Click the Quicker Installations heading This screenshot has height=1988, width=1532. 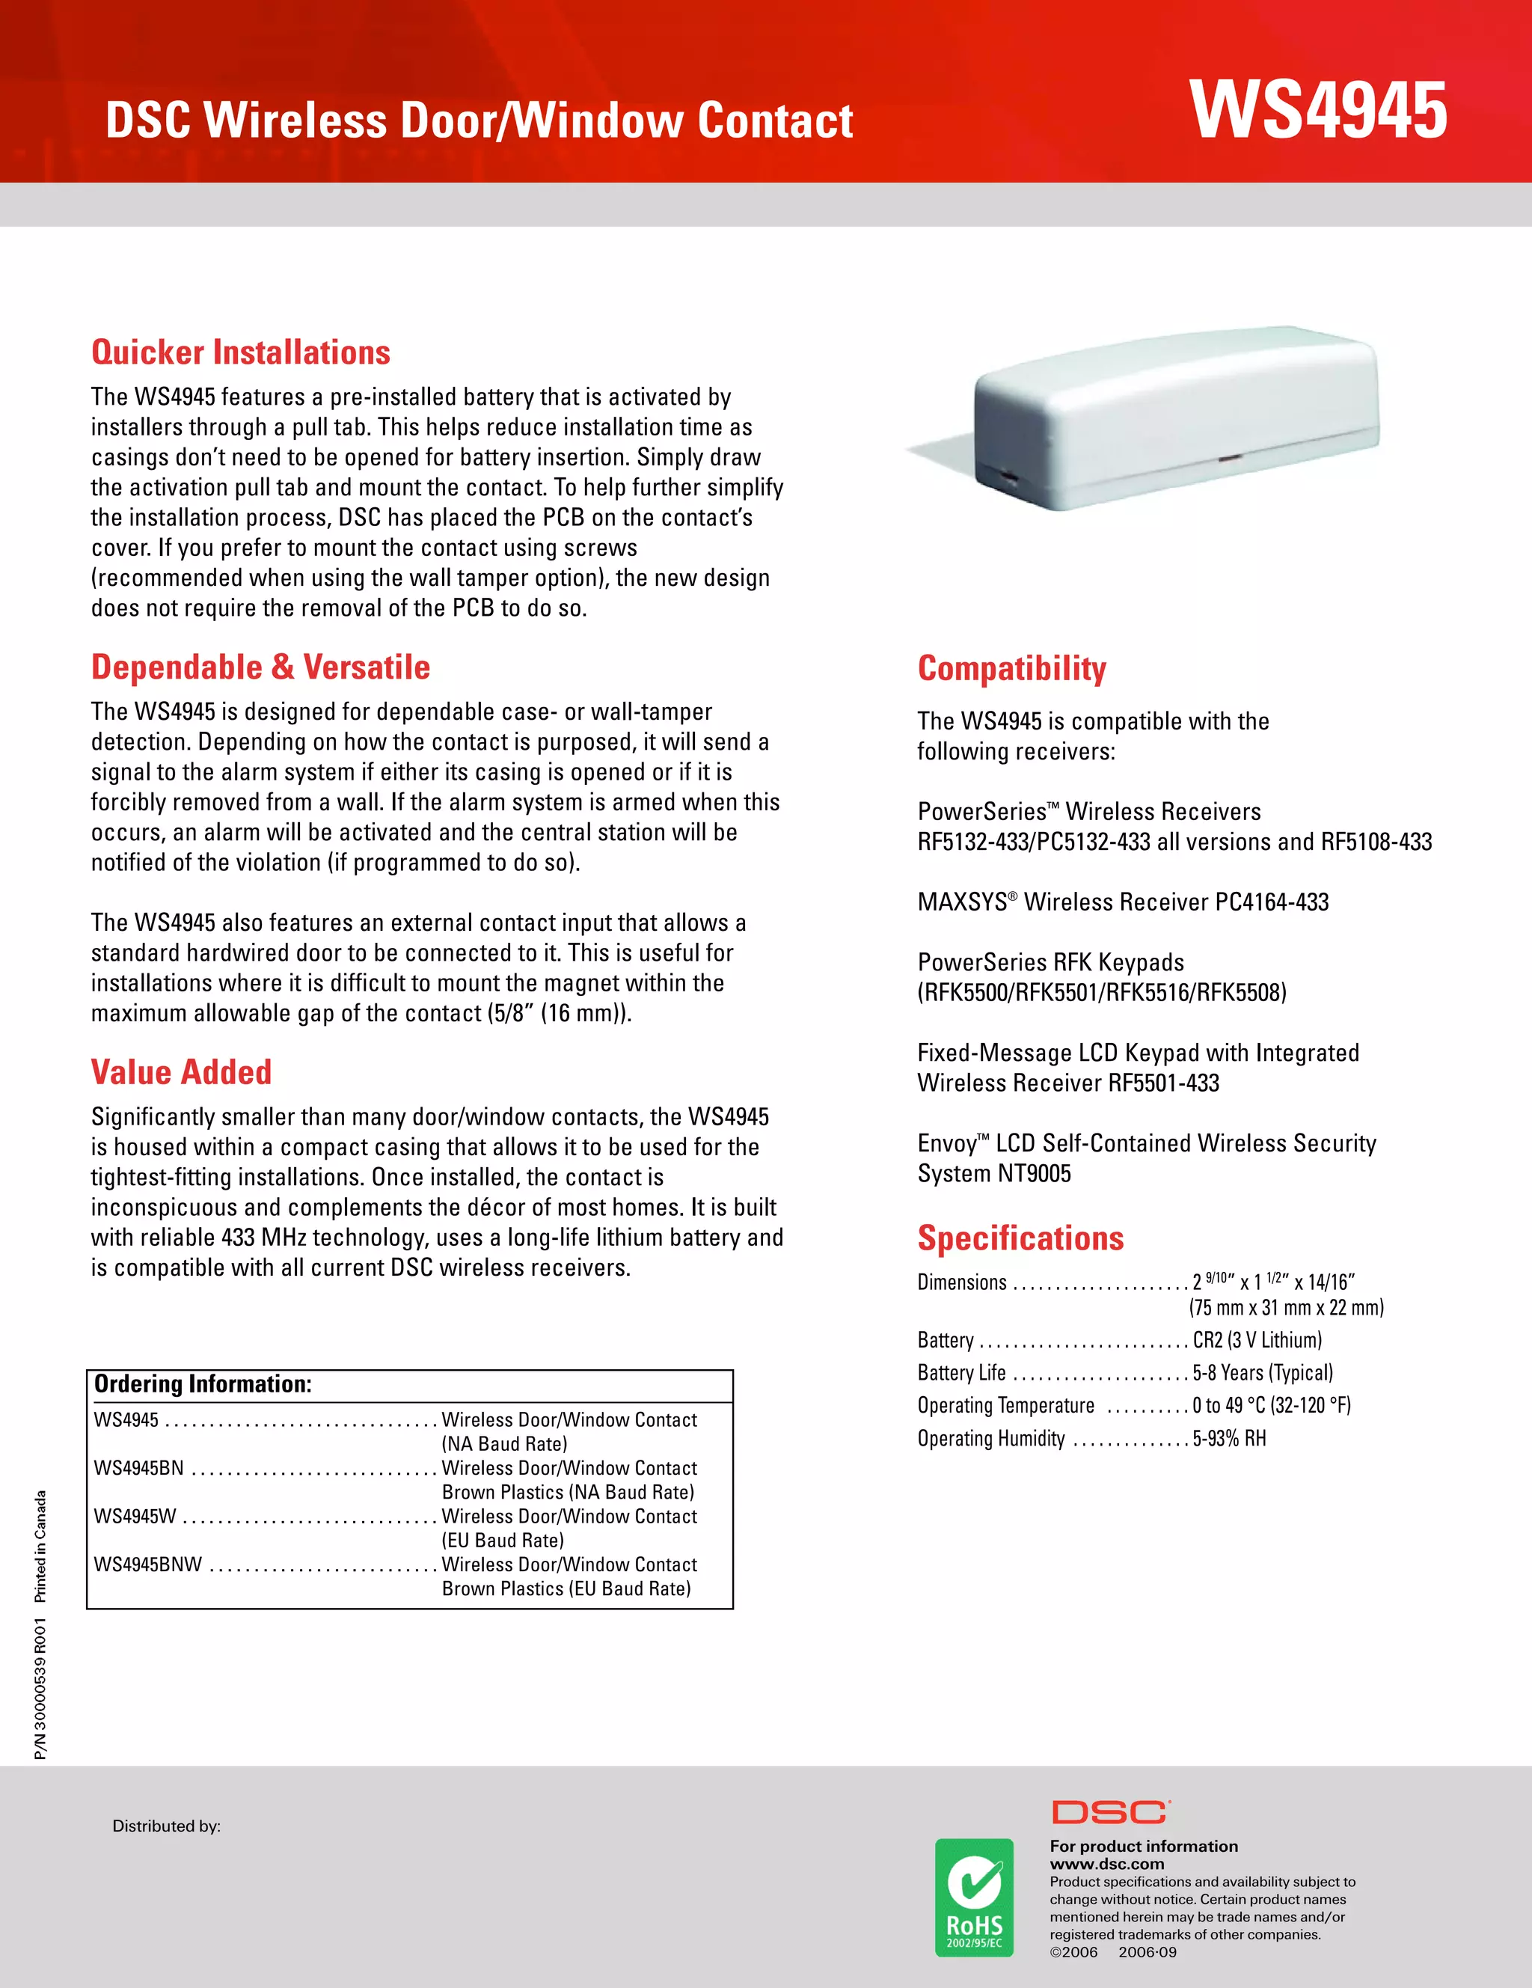[241, 352]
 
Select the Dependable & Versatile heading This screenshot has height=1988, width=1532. [260, 667]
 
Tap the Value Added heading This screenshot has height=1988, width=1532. [181, 1072]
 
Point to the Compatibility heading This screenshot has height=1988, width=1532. [1011, 669]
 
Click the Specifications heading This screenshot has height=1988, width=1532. [1020, 1239]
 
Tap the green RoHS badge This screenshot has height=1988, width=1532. [974, 1898]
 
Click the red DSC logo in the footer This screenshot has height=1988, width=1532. [1109, 1812]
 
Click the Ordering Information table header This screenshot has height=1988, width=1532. [203, 1384]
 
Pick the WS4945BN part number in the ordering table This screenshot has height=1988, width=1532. [138, 1468]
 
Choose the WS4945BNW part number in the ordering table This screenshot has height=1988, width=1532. [147, 1565]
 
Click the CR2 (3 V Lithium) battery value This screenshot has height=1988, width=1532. [1257, 1340]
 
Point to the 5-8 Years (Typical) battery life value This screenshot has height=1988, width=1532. [1263, 1373]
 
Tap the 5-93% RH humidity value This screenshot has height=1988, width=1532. [1229, 1438]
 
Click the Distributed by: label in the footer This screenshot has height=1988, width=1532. [167, 1826]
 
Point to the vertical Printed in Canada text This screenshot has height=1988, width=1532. [40, 1547]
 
